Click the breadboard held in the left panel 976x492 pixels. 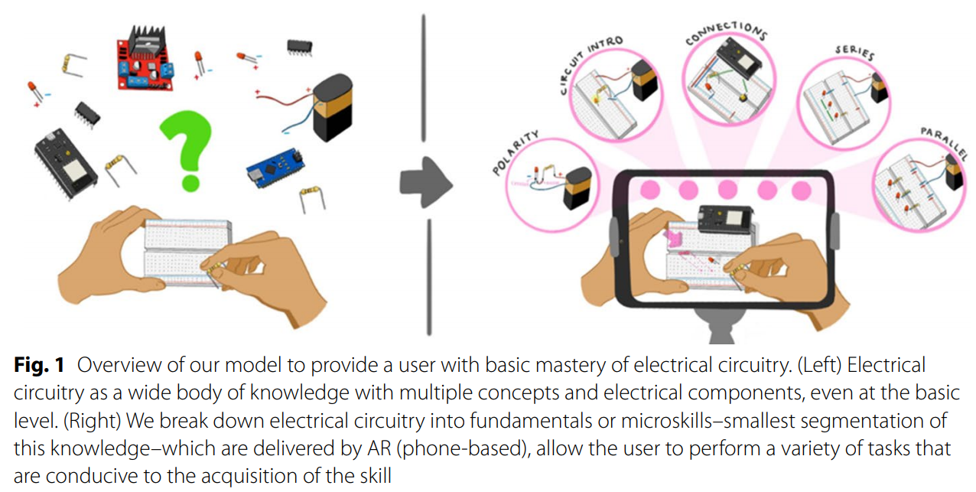tap(187, 253)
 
